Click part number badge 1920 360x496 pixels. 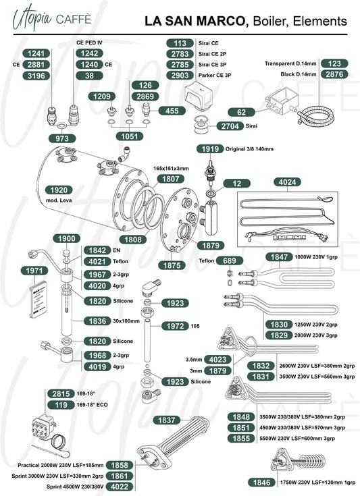[59, 190]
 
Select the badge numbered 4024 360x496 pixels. [287, 182]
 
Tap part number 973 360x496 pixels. [62, 138]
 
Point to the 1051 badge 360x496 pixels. [130, 136]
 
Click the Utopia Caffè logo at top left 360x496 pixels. [52, 18]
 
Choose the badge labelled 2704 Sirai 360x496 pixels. [230, 126]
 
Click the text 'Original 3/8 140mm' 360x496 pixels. [249, 149]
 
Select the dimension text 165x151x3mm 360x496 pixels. [171, 169]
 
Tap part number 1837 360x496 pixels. [167, 420]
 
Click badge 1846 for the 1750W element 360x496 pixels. [261, 483]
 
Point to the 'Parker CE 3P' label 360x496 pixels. [215, 76]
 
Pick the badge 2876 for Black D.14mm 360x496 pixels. [334, 74]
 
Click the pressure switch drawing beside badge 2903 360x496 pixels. [199, 94]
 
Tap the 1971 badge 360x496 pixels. [34, 271]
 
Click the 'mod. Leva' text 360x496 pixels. [59, 200]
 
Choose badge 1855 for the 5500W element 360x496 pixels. [241, 439]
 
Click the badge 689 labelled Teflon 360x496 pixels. [230, 260]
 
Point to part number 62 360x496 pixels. [241, 112]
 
